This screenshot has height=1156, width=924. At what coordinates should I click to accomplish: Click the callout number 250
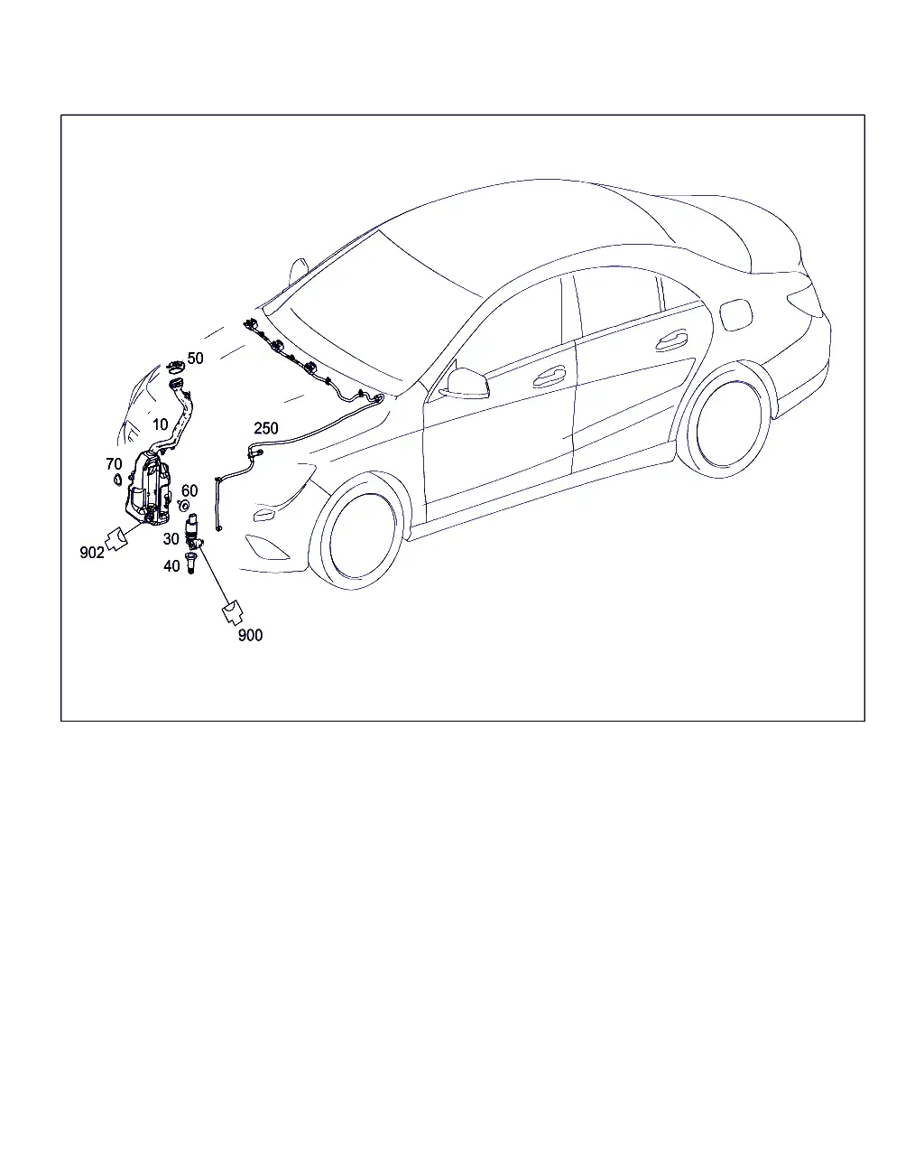point(266,428)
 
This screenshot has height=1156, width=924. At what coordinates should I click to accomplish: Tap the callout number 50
point(196,359)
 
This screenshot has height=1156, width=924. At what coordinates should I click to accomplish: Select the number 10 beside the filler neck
point(160,424)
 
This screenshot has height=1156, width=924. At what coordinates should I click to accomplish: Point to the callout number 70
point(114,463)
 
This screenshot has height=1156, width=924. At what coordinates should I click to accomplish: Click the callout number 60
point(189,490)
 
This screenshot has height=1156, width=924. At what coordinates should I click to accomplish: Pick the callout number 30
point(171,538)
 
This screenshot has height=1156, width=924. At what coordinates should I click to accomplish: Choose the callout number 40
point(171,565)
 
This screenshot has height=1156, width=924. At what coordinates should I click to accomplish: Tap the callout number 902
point(92,552)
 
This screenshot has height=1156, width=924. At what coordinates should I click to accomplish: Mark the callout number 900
point(250,636)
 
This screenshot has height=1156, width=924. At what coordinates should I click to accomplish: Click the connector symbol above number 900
point(233,613)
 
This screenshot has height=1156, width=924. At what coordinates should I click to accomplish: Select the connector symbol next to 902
point(116,539)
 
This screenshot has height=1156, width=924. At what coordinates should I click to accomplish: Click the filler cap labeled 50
point(175,367)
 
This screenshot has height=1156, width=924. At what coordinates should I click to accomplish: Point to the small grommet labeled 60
point(183,506)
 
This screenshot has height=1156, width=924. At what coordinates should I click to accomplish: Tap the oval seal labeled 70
point(117,480)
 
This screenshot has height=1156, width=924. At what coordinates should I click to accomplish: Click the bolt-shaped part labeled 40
point(190,563)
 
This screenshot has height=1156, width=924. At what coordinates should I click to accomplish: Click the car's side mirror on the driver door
point(465,382)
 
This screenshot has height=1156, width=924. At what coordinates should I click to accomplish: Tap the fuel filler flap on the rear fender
point(736,316)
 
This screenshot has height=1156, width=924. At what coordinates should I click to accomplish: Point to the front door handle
point(549,378)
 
